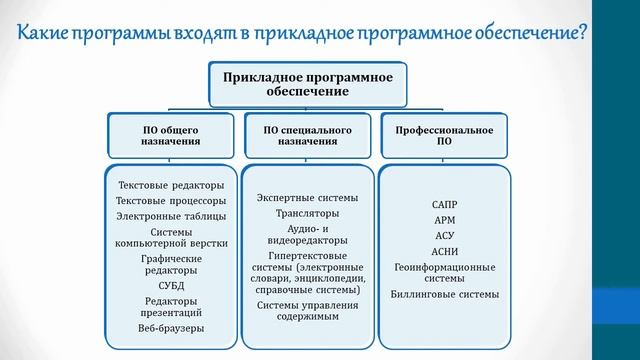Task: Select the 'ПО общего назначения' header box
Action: click(171, 134)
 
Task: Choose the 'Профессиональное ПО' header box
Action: click(444, 134)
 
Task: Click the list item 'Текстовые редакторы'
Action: click(171, 185)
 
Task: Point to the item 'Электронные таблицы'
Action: click(171, 215)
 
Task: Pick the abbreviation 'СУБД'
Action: click(171, 284)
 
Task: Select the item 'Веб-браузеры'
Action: click(171, 328)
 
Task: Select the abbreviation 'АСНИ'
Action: click(444, 253)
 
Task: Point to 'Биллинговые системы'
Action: click(444, 296)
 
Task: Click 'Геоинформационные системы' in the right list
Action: click(444, 274)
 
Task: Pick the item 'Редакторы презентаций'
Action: click(171, 306)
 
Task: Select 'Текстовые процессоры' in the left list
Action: click(171, 200)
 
